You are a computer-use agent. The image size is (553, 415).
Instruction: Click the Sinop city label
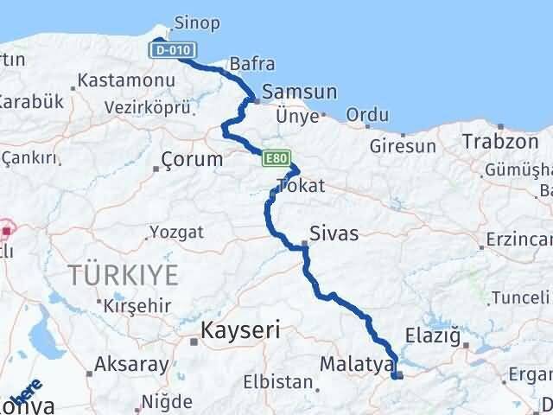(x=197, y=23)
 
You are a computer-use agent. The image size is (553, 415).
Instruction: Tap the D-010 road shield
(x=169, y=50)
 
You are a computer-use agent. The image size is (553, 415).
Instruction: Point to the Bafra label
(x=252, y=64)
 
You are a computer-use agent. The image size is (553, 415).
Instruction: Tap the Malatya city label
(x=356, y=364)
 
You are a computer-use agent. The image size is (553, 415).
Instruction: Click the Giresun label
(x=403, y=146)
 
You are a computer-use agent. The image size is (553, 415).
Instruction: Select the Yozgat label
(x=176, y=232)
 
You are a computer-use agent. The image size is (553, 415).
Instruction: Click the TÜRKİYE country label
(x=126, y=276)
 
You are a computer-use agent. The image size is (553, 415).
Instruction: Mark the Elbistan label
(x=276, y=381)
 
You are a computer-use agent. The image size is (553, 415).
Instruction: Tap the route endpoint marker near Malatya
(x=397, y=374)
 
